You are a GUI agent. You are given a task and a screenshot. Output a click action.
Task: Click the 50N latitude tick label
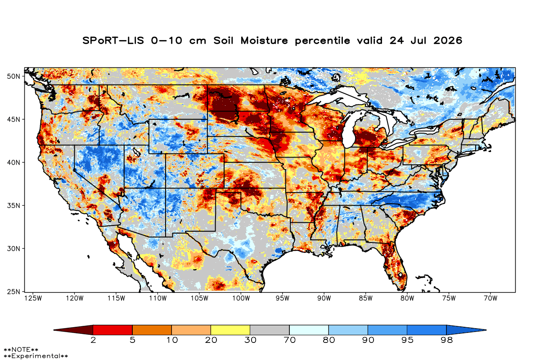point(13,76)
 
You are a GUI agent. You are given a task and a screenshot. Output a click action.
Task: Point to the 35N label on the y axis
point(13,206)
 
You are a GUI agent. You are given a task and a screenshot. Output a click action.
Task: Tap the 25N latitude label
point(13,292)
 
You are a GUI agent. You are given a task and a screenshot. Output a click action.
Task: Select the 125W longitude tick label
point(33,298)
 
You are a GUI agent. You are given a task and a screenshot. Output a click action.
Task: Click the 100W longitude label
point(241,298)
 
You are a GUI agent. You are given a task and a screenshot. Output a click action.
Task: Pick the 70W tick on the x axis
point(490,298)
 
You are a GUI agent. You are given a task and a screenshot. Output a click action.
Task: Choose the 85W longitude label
point(366,298)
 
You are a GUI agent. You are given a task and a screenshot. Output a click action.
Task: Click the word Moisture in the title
point(264,40)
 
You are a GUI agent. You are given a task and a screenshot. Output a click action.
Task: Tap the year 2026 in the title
point(448,40)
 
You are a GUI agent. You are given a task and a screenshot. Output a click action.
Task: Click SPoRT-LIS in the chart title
point(113,40)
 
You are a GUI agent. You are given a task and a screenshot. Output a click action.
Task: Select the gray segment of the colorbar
point(270,330)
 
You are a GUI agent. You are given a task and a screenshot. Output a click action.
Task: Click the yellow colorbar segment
point(230,330)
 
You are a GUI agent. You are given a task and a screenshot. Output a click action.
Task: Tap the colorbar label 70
point(289,341)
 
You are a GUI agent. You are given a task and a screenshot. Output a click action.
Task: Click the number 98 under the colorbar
point(447,341)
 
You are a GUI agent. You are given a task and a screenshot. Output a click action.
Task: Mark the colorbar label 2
point(93,341)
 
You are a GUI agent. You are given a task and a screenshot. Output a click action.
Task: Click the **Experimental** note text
point(36,356)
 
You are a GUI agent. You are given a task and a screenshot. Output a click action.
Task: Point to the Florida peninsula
point(396,265)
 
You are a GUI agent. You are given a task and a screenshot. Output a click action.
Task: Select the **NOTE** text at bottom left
point(21,350)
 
